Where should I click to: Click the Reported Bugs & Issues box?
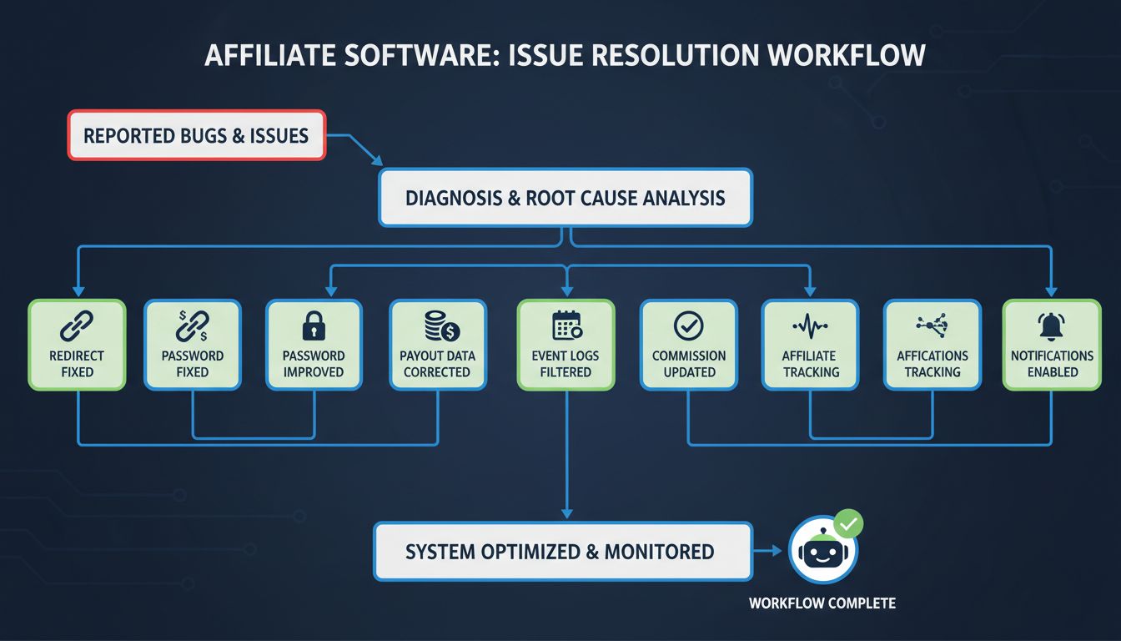click(x=196, y=135)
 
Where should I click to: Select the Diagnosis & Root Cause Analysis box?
click(x=566, y=198)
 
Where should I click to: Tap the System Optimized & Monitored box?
click(x=560, y=552)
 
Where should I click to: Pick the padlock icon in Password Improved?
click(x=314, y=326)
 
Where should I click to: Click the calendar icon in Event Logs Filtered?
click(x=566, y=325)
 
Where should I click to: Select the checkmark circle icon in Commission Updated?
click(x=689, y=326)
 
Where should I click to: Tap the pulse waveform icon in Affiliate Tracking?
click(x=810, y=326)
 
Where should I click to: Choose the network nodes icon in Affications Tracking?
click(x=932, y=326)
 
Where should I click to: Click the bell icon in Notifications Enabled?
click(x=1052, y=325)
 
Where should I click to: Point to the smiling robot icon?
click(x=822, y=551)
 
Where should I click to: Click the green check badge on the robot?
click(x=849, y=524)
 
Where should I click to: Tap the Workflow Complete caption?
click(x=822, y=603)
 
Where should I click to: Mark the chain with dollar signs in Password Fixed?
click(x=193, y=326)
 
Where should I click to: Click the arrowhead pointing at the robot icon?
click(x=777, y=551)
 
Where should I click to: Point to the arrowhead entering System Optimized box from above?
click(x=566, y=513)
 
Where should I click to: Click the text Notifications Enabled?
click(x=1052, y=364)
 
